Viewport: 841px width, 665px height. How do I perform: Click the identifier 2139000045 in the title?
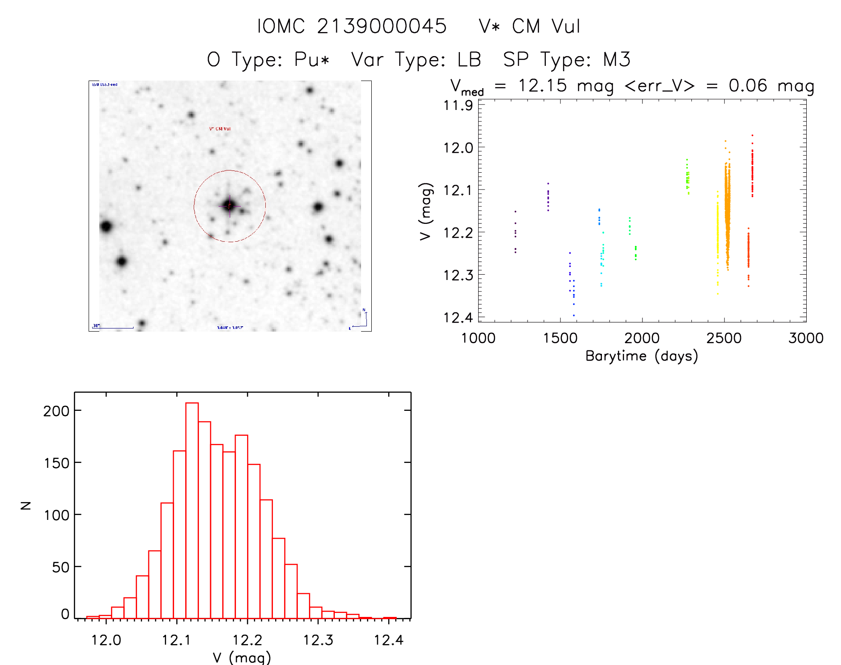pyautogui.click(x=382, y=26)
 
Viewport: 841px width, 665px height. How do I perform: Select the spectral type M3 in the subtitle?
pyautogui.click(x=617, y=60)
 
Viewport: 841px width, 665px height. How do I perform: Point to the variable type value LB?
pyautogui.click(x=469, y=60)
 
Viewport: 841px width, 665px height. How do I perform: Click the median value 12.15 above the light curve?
pyautogui.click(x=542, y=85)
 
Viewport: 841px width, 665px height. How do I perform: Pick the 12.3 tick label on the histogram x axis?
pyautogui.click(x=318, y=640)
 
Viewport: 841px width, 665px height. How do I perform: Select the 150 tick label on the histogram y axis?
pyautogui.click(x=57, y=463)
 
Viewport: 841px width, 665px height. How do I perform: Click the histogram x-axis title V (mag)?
pyautogui.click(x=242, y=657)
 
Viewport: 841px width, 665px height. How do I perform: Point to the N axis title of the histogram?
pyautogui.click(x=26, y=505)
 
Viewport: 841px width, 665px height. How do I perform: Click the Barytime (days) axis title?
pyautogui.click(x=642, y=356)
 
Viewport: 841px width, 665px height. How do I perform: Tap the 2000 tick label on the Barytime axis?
pyautogui.click(x=642, y=338)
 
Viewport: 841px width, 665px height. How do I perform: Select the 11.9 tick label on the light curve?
pyautogui.click(x=458, y=105)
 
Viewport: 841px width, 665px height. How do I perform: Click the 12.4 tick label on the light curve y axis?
pyautogui.click(x=458, y=317)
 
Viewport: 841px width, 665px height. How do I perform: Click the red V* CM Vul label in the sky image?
pyautogui.click(x=220, y=129)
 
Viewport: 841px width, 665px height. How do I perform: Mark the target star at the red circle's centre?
pyautogui.click(x=230, y=206)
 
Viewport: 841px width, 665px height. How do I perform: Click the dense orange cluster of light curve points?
pyautogui.click(x=727, y=209)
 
